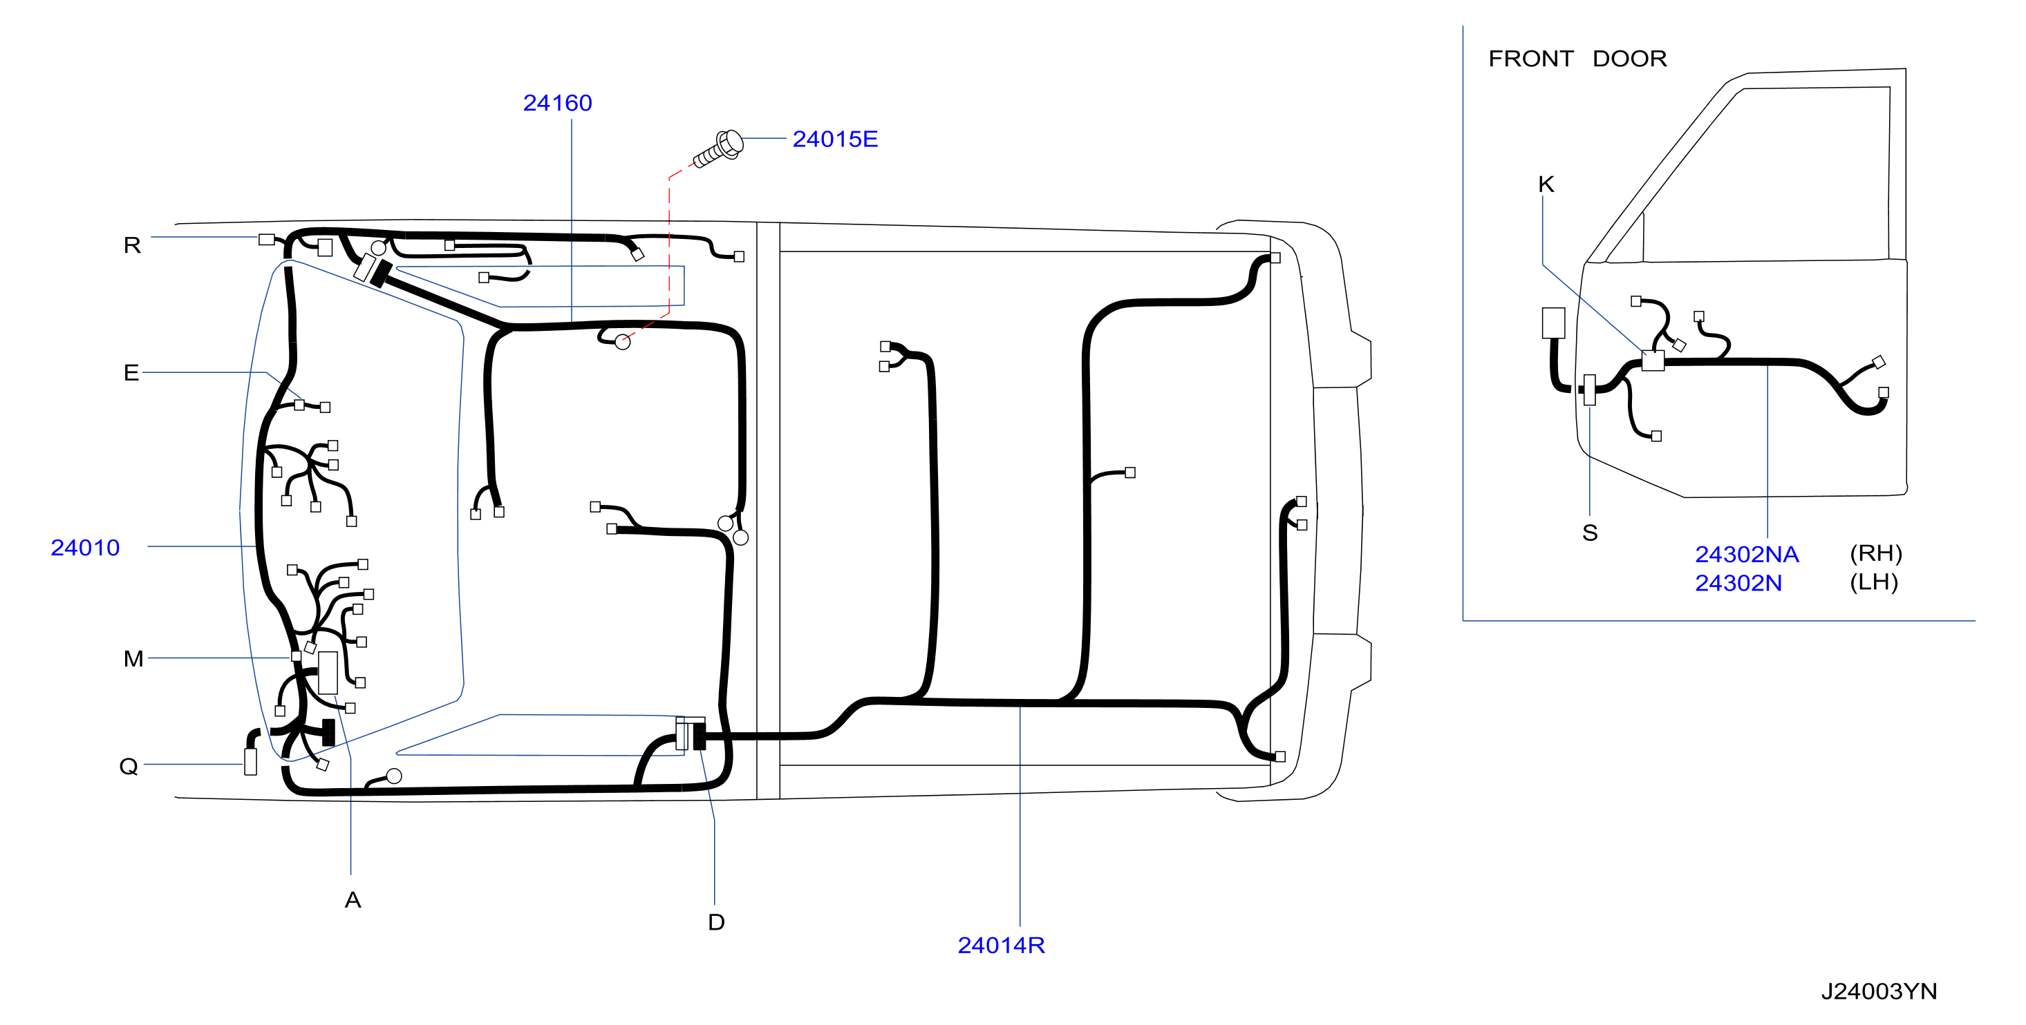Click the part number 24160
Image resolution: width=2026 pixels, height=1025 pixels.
pyautogui.click(x=557, y=103)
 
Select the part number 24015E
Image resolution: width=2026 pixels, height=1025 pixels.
pyautogui.click(x=834, y=139)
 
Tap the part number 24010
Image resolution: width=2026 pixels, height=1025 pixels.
pyautogui.click(x=85, y=548)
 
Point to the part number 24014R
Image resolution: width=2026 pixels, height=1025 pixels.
pyautogui.click(x=1000, y=945)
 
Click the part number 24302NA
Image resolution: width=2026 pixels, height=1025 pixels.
pyautogui.click(x=1746, y=554)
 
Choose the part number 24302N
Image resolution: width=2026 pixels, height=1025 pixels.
pyautogui.click(x=1738, y=583)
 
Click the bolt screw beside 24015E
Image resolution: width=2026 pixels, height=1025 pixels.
pyautogui.click(x=718, y=149)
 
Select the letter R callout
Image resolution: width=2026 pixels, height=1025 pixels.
pyautogui.click(x=132, y=245)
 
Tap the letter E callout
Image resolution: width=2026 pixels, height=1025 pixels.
pyautogui.click(x=131, y=372)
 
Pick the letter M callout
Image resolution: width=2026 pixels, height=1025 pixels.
pyautogui.click(x=133, y=659)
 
